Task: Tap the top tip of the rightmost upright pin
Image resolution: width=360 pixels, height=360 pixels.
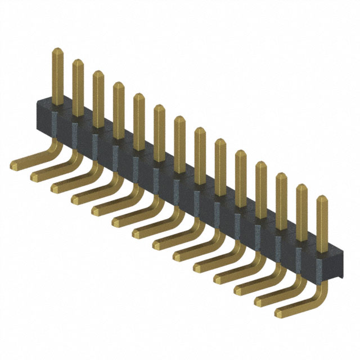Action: pos(322,198)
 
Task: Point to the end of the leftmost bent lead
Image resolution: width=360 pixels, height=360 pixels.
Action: pos(15,165)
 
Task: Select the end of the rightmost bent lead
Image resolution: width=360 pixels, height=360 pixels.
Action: pos(280,311)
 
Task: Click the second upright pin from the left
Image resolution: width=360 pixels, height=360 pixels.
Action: pos(78,84)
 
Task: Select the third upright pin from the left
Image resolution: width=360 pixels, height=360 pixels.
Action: pos(98,96)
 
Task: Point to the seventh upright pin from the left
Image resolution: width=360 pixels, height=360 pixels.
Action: pos(179,141)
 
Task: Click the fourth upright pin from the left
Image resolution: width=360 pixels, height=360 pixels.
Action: pos(118,107)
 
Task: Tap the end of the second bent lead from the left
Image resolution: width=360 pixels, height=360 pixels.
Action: pos(35,176)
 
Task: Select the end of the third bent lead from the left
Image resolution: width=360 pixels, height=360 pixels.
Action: pos(56,187)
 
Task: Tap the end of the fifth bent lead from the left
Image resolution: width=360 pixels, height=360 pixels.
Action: pos(96,210)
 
